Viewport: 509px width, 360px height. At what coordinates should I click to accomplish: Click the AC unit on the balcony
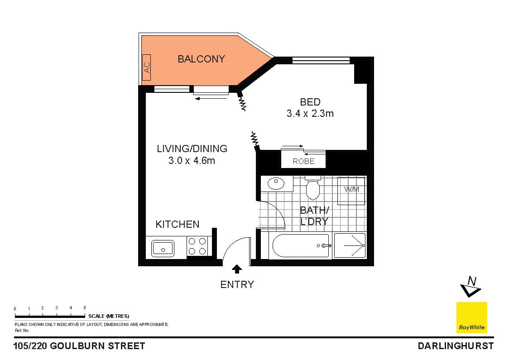click(146, 67)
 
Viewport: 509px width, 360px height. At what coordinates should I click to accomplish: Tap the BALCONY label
click(201, 59)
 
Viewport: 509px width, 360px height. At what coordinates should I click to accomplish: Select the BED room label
click(310, 102)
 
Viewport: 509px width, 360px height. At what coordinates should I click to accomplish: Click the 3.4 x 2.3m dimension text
click(310, 114)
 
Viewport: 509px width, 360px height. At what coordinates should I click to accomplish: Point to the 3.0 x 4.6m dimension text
click(192, 160)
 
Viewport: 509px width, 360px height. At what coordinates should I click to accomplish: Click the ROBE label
click(303, 161)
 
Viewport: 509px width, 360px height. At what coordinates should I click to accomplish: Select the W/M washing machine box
click(351, 190)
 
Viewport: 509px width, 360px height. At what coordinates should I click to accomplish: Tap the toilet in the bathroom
click(312, 188)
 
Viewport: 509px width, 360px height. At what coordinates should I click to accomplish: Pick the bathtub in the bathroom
click(301, 246)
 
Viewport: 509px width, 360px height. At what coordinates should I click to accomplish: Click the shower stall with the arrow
click(350, 246)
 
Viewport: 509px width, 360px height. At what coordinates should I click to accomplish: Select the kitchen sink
click(163, 248)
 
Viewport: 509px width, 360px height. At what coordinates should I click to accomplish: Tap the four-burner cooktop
click(197, 247)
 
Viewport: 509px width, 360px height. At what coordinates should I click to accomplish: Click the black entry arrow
click(236, 269)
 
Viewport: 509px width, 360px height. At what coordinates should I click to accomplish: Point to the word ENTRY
click(237, 284)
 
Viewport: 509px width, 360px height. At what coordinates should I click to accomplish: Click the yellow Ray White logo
click(471, 317)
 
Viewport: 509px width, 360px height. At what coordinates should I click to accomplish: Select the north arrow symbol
click(471, 286)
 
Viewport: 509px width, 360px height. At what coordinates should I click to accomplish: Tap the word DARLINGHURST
click(455, 346)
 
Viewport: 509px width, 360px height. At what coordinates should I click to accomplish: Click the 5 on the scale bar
click(85, 308)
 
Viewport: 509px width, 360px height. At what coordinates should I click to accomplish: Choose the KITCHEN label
click(177, 224)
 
